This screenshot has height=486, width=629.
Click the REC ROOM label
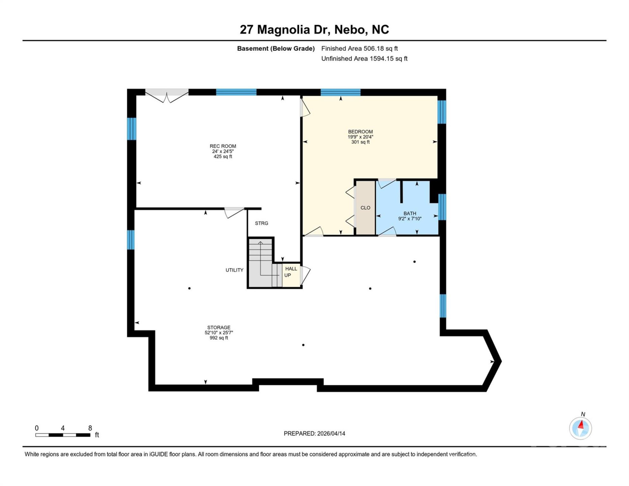(223, 146)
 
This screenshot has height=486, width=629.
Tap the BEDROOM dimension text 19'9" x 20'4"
(360, 137)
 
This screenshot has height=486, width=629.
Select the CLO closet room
(365, 208)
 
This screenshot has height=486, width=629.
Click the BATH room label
(410, 213)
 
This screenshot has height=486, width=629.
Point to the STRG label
(262, 223)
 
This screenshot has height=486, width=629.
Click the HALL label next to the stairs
(291, 269)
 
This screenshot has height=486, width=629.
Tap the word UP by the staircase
(288, 275)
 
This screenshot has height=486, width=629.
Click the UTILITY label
(234, 270)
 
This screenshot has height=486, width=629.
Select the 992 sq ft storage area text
(219, 338)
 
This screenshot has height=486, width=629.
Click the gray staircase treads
(260, 256)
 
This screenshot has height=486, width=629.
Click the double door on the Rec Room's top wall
(167, 95)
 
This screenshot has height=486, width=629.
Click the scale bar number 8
(90, 428)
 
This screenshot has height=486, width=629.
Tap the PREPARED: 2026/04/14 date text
(314, 433)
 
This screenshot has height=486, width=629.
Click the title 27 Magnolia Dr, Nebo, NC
(314, 30)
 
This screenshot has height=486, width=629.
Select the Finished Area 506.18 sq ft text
(359, 49)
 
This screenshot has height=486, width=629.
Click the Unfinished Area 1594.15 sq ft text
(364, 59)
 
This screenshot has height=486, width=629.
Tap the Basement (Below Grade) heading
(276, 49)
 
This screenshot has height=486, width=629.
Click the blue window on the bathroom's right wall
(442, 207)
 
